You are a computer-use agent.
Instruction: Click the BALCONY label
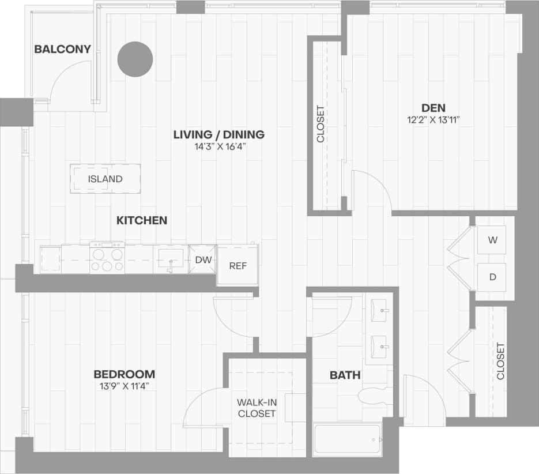coord(62,49)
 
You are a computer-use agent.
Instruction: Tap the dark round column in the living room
coord(135,59)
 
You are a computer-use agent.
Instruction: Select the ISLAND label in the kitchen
coord(105,179)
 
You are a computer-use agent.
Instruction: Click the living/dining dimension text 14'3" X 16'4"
coord(219,146)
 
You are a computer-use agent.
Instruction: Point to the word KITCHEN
coord(142,220)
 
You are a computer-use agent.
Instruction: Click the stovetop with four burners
coord(107,257)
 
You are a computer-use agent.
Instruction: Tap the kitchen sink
coord(171,258)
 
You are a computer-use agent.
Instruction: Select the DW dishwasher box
coord(203,260)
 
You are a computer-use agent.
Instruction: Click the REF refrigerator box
coord(238,266)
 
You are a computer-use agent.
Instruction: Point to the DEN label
coord(434,107)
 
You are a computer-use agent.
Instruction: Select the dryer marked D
coord(492,277)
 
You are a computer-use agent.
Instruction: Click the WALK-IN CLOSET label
coord(257,408)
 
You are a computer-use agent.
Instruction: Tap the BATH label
coord(345,375)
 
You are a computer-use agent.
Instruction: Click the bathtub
coord(347,440)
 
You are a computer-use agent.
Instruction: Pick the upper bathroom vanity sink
coord(379,311)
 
